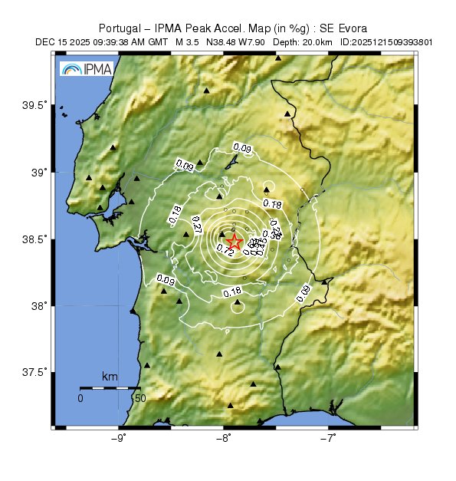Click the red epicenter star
[235, 242]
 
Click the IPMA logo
[86, 70]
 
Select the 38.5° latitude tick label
[35, 239]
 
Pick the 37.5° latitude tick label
[35, 373]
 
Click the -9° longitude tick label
[119, 439]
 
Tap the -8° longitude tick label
[224, 439]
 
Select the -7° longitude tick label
[329, 439]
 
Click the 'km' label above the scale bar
[110, 377]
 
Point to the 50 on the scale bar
[139, 399]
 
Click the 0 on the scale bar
[80, 399]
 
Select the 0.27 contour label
[195, 225]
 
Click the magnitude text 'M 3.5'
[188, 42]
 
